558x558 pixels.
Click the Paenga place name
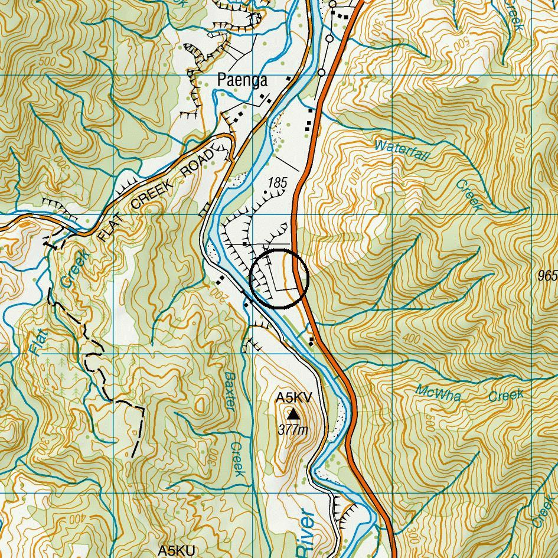(x=242, y=80)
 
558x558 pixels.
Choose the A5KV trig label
(x=293, y=398)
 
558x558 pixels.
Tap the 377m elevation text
(x=293, y=430)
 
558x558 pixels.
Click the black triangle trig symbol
(x=293, y=415)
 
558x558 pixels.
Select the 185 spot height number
(x=276, y=183)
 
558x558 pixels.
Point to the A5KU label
(x=177, y=550)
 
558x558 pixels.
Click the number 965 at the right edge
(x=547, y=276)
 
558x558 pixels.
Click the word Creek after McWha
(x=505, y=395)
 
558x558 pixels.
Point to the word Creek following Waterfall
(x=470, y=195)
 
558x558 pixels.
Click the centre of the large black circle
(x=279, y=279)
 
